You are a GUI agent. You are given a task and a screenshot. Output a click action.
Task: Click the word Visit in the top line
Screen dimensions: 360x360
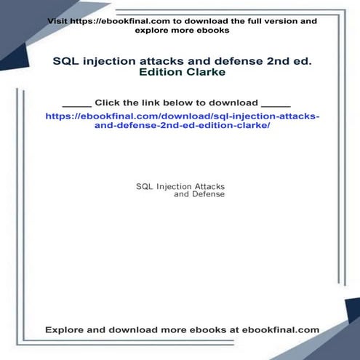[x=58, y=21]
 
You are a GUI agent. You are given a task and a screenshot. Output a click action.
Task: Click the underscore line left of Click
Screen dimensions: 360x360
[x=77, y=104]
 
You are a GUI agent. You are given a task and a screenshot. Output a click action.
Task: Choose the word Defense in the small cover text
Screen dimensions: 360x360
[x=208, y=195]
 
